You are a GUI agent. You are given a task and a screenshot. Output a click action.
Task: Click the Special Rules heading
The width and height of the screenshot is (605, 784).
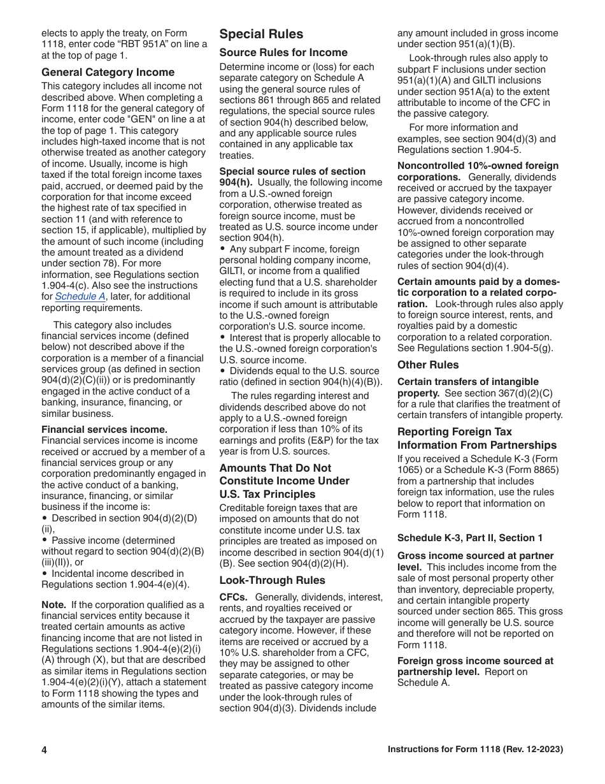[x=261, y=34]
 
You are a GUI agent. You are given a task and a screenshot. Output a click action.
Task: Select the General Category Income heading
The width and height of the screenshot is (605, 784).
[x=108, y=72]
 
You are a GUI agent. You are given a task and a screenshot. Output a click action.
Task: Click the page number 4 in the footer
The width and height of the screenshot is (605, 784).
[x=45, y=750]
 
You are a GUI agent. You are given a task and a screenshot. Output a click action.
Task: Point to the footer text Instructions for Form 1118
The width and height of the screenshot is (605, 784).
[x=475, y=750]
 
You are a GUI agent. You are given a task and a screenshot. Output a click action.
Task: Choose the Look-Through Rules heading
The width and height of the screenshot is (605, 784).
[x=272, y=580]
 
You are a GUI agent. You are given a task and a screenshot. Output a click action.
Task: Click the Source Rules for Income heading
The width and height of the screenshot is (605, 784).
[x=283, y=52]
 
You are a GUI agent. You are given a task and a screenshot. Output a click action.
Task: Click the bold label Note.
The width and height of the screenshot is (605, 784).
[x=53, y=605]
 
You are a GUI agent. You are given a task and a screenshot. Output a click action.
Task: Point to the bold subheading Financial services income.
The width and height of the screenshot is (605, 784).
[x=104, y=430]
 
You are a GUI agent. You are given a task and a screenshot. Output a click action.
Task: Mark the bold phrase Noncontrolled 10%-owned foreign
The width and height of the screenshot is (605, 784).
[x=478, y=166]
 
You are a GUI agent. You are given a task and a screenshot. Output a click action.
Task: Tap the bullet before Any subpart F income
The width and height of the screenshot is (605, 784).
[x=223, y=249]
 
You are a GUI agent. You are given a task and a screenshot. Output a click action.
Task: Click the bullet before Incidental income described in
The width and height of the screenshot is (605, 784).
[x=45, y=574]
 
